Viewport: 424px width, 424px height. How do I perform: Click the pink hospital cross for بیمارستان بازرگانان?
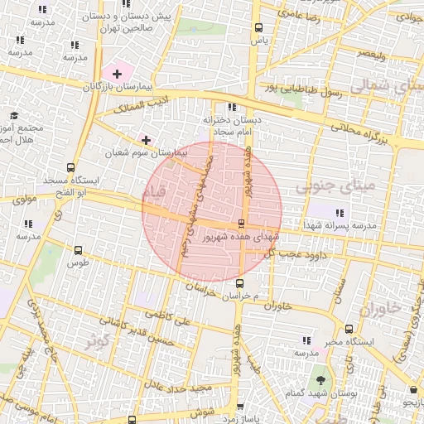[117, 75]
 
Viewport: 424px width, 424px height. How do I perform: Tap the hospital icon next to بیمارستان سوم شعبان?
[147, 140]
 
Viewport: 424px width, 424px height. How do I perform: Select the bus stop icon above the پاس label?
[260, 27]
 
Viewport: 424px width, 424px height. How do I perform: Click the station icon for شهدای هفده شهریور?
[241, 224]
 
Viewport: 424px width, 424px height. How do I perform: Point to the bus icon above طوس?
[79, 250]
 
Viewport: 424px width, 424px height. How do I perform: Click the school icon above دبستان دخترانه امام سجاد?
[231, 107]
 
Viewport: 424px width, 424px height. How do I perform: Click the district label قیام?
[154, 192]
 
